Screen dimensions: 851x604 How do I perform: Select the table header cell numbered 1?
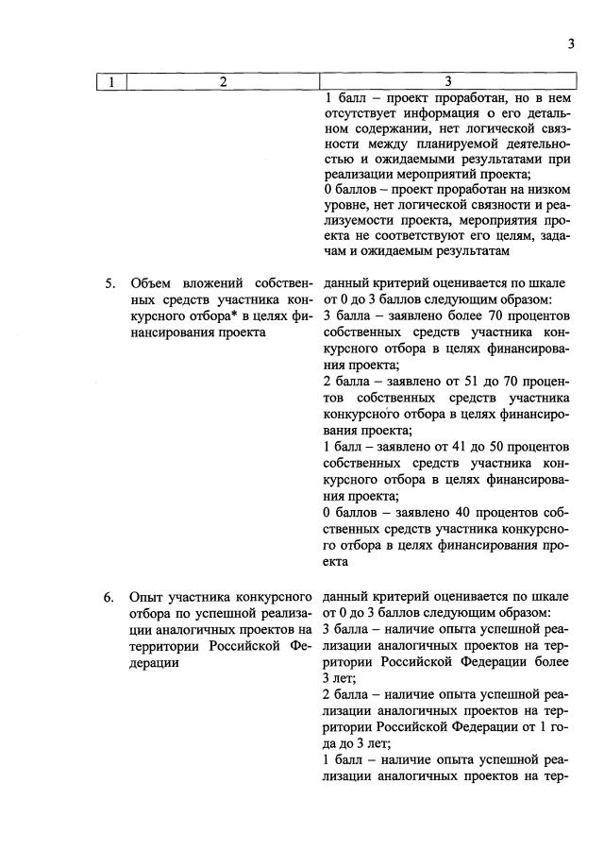[x=111, y=82]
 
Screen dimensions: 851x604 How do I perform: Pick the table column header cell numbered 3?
[x=447, y=82]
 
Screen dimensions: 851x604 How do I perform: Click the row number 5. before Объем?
[x=109, y=282]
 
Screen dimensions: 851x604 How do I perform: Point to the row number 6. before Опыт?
[x=109, y=597]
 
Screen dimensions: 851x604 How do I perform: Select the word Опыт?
[x=149, y=597]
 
